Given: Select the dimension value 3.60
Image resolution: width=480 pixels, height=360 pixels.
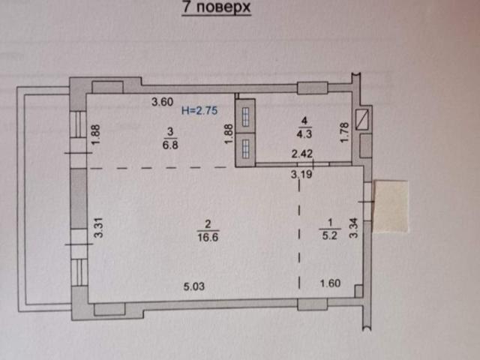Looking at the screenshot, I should coord(163,102).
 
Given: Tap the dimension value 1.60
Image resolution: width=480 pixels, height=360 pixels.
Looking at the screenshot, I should coord(331,283).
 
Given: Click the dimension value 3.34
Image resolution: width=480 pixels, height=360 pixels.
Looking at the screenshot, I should coord(355,227).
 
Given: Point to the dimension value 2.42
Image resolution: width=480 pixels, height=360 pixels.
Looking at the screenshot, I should coord(301,155).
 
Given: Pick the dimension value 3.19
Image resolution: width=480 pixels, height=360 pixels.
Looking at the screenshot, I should coord(301,175).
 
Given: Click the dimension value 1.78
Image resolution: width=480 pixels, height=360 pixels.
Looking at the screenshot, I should coord(345,133).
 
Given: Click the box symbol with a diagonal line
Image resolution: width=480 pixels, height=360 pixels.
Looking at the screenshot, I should coord(364,118).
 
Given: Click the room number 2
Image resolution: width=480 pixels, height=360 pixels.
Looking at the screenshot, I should coord(205,222).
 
